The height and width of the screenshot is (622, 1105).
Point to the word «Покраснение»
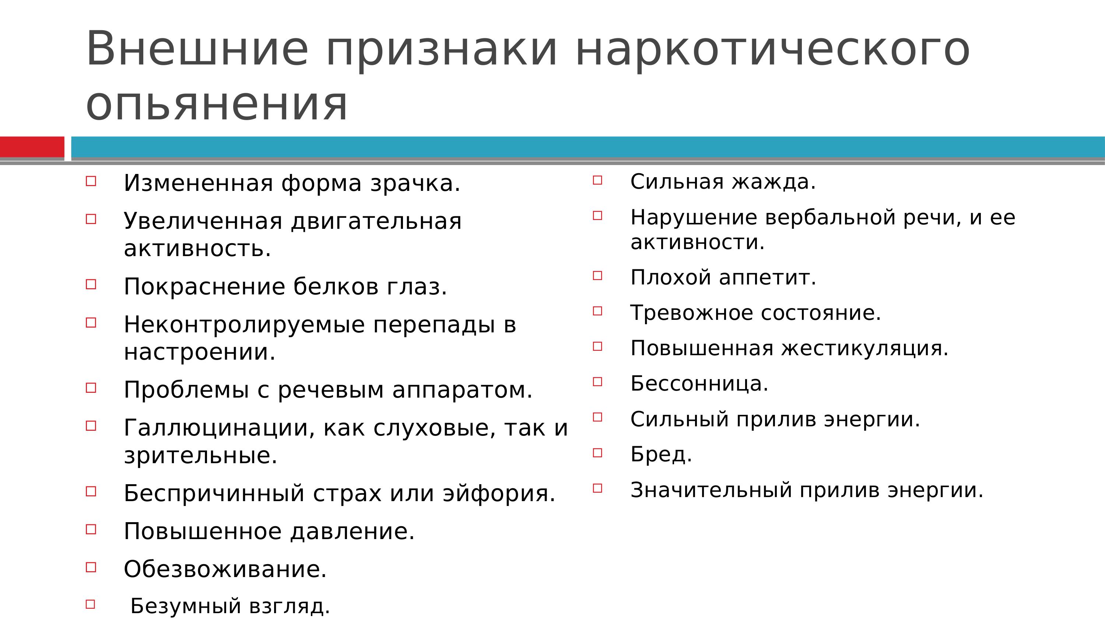point(204,286)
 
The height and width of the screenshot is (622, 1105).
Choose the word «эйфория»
point(499,493)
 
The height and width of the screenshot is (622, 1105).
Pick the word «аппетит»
point(767,278)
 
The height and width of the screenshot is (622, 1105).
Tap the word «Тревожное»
point(692,312)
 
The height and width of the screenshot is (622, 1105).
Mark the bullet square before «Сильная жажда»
point(597,180)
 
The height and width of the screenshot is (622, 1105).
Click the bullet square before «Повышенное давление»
point(91,529)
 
